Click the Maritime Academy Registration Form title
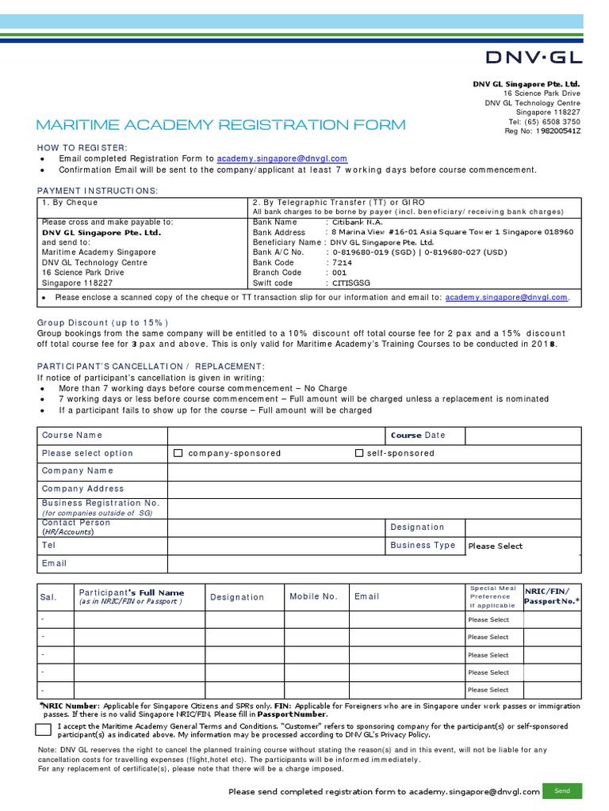(x=221, y=124)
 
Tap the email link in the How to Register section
(x=282, y=158)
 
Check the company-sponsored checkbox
(x=178, y=453)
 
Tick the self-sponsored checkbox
(x=359, y=453)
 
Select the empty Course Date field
(x=523, y=436)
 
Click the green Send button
(x=562, y=790)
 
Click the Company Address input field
(x=373, y=489)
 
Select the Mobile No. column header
(x=313, y=596)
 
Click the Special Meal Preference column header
(x=493, y=596)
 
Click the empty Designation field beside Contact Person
(x=523, y=527)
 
